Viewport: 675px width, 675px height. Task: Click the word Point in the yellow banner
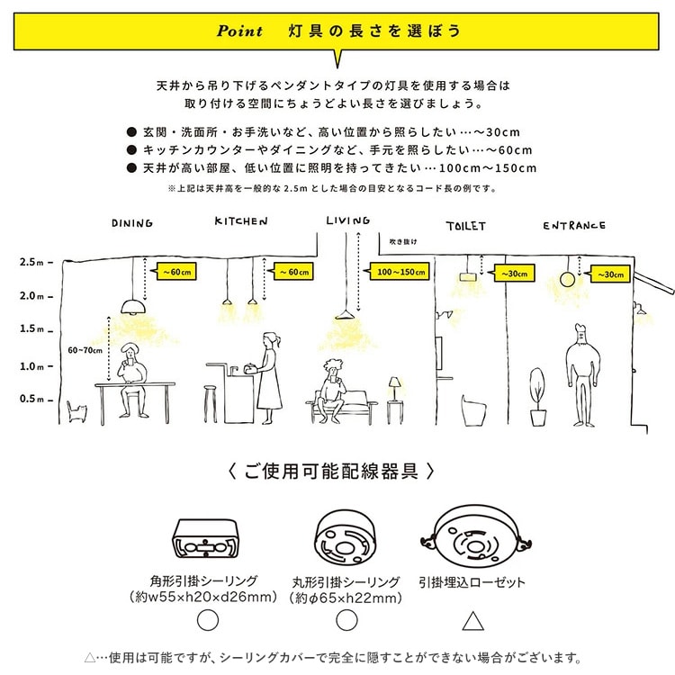239,31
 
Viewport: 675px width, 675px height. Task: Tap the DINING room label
132,222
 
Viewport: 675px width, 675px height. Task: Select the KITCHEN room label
241,220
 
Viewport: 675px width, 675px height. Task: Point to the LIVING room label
347,220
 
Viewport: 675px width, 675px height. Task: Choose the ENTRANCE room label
574,225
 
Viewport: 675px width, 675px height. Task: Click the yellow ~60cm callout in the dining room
175,270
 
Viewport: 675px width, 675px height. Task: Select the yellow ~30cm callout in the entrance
609,273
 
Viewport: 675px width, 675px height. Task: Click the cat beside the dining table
79,413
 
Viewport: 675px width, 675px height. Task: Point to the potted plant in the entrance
537,397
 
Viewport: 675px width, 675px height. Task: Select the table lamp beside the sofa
395,389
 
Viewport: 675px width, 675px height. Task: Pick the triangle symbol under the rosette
472,620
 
